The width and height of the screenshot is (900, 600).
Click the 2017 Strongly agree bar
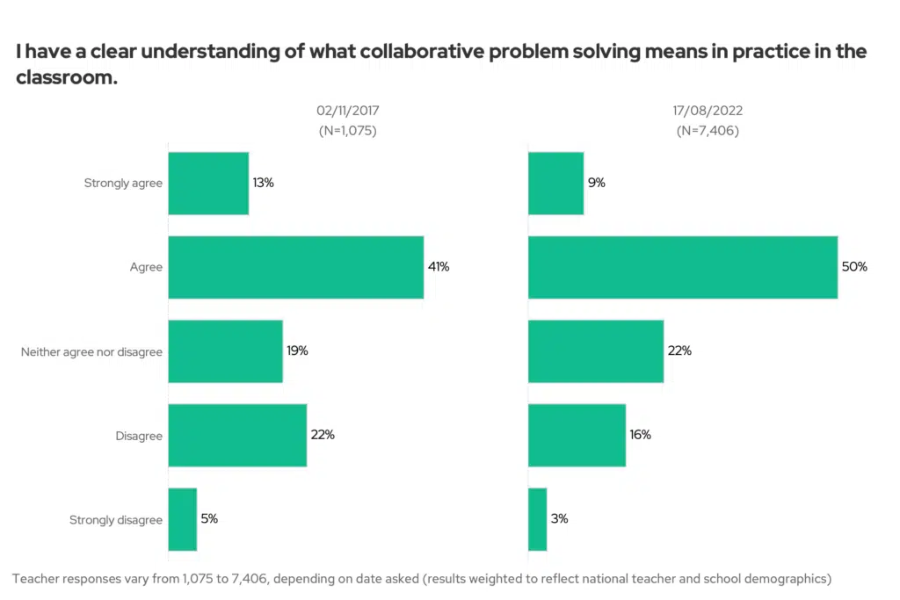click(x=208, y=184)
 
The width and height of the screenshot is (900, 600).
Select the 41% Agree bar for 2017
click(x=295, y=267)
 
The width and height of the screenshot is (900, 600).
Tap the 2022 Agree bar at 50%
click(x=682, y=267)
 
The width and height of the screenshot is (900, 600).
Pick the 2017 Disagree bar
click(x=237, y=435)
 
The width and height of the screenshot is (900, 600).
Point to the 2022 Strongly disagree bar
click(x=537, y=519)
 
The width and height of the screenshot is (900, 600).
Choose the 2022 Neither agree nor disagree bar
click(x=595, y=351)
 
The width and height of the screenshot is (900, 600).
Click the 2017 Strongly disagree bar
click(x=182, y=519)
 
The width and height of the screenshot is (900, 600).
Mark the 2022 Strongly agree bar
click(x=555, y=184)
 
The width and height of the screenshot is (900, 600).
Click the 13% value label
click(x=264, y=183)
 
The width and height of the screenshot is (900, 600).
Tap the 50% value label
click(x=854, y=266)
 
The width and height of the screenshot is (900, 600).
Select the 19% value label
click(x=297, y=351)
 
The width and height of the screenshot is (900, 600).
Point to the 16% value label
click(x=640, y=435)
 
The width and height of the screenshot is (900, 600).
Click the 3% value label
click(x=560, y=518)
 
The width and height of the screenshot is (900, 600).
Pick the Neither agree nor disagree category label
click(x=92, y=352)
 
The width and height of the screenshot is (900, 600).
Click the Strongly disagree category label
click(x=116, y=520)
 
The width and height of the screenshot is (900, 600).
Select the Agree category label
click(x=146, y=268)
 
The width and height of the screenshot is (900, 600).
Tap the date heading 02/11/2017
click(x=348, y=112)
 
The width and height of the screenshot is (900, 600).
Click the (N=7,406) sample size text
click(x=708, y=130)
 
